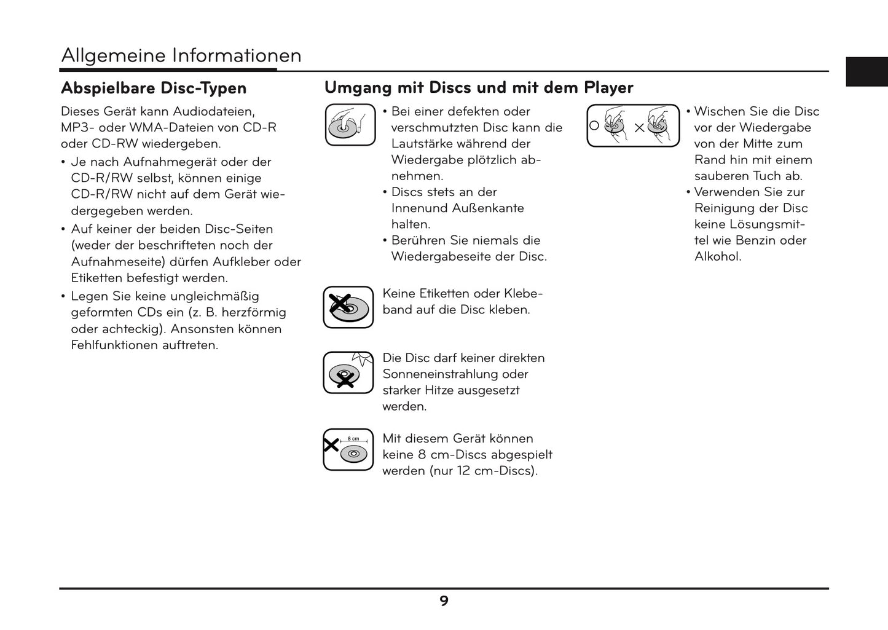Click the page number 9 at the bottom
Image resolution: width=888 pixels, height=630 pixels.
[444, 601]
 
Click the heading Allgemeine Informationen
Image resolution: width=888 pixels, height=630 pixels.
[181, 56]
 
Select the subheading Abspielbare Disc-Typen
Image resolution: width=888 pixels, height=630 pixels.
[154, 89]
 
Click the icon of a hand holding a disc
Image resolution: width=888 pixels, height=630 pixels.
[350, 125]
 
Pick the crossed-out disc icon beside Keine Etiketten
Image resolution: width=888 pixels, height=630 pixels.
[348, 307]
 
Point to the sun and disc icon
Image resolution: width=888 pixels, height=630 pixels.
[348, 372]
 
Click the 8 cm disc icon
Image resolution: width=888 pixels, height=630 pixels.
[348, 449]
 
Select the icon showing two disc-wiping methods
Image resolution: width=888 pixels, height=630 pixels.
[633, 126]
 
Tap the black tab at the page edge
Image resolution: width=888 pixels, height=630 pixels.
[866, 71]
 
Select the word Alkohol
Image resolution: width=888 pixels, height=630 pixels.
[718, 257]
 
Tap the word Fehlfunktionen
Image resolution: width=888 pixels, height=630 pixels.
[115, 345]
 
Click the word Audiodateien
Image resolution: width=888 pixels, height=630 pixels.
[214, 112]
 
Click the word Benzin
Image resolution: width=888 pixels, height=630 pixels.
[756, 241]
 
